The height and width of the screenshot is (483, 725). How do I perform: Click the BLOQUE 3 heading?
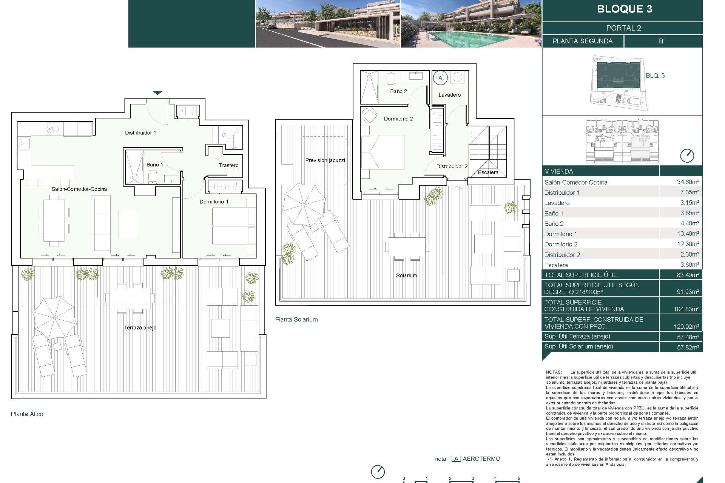pyautogui.click(x=624, y=9)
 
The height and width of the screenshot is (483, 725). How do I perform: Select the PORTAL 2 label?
pyautogui.click(x=623, y=28)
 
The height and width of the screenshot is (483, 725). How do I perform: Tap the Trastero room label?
pyautogui.click(x=228, y=165)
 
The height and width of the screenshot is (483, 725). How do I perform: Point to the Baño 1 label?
pyautogui.click(x=155, y=165)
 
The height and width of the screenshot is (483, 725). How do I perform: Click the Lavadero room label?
pyautogui.click(x=449, y=95)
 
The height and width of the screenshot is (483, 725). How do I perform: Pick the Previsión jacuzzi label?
pyautogui.click(x=325, y=160)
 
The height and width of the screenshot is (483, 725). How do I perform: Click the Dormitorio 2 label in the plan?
pyautogui.click(x=398, y=118)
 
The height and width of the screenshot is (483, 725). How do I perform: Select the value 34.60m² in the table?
pyautogui.click(x=688, y=182)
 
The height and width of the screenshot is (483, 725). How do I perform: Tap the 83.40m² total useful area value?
pyautogui.click(x=688, y=275)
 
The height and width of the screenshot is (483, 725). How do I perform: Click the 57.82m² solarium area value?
pyautogui.click(x=688, y=347)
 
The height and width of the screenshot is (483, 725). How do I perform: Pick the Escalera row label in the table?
pyautogui.click(x=556, y=265)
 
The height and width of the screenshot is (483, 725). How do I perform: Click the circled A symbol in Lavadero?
pyautogui.click(x=440, y=78)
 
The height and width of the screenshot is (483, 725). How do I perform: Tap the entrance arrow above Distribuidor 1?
pyautogui.click(x=157, y=93)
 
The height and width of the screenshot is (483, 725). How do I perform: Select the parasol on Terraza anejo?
pyautogui.click(x=55, y=318)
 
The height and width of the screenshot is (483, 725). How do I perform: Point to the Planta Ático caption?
pyautogui.click(x=27, y=414)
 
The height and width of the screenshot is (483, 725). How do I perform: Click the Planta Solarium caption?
pyautogui.click(x=296, y=319)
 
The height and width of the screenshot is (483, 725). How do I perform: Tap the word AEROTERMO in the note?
pyautogui.click(x=481, y=459)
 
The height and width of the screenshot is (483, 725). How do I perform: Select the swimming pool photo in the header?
pyautogui.click(x=470, y=24)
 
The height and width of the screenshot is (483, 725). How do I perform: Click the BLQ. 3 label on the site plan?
pyautogui.click(x=655, y=75)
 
